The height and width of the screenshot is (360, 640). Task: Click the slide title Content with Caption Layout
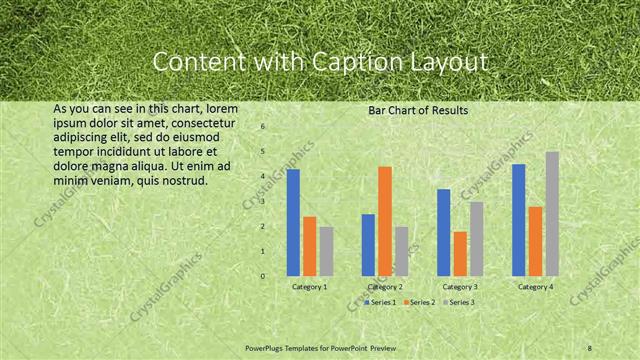coord(320,62)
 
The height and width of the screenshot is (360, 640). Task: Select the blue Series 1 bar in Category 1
coord(293,222)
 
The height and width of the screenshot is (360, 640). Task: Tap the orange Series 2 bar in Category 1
coord(309,246)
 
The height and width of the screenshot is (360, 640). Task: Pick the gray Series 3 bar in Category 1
coord(326,251)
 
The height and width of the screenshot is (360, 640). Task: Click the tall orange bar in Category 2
coord(385,221)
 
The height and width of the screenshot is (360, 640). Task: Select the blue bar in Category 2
coord(368,245)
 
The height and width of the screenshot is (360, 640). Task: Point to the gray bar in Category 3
coord(476,238)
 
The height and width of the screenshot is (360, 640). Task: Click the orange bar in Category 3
coord(460,253)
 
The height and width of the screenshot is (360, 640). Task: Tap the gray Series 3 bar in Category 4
coord(552,213)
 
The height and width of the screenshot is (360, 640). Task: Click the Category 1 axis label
coord(309,287)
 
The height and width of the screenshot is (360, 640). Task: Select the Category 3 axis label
coord(460,287)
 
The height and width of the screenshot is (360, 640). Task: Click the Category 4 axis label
coord(535,287)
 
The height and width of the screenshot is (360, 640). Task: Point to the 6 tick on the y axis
coord(262,127)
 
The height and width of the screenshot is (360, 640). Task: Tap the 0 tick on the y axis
coord(262,276)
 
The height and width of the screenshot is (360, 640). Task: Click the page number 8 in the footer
coord(590,347)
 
